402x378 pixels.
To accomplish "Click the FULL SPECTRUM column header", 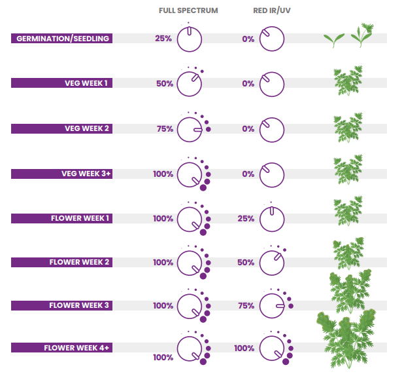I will [x=188, y=11].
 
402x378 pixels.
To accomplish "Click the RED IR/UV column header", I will [x=271, y=11].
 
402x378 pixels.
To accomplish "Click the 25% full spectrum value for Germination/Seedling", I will [x=163, y=39].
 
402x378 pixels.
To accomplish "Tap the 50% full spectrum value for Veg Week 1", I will [x=164, y=84].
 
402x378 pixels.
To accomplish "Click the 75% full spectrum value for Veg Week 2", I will [x=164, y=129].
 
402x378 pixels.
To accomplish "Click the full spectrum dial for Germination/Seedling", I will [x=190, y=39].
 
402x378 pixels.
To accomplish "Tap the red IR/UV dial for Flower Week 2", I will [x=272, y=263].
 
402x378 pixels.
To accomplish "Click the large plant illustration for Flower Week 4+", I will [x=346, y=337].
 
